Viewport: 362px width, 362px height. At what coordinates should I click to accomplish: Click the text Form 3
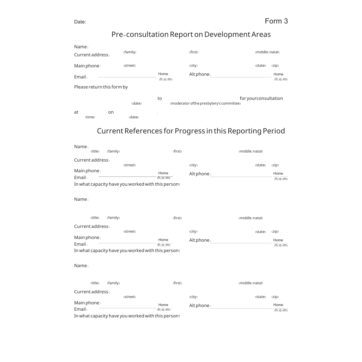pyautogui.click(x=276, y=21)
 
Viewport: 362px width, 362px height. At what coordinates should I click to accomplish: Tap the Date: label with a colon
pyautogui.click(x=80, y=22)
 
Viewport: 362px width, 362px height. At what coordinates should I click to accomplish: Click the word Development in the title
pyautogui.click(x=227, y=35)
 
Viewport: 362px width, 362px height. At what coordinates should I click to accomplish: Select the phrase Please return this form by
pyautogui.click(x=101, y=87)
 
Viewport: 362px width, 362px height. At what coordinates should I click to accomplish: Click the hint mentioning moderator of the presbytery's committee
pyautogui.click(x=205, y=104)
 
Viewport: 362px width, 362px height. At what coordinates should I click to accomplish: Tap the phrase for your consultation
pyautogui.click(x=261, y=99)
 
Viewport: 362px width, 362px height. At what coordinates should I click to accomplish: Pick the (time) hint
pyautogui.click(x=90, y=117)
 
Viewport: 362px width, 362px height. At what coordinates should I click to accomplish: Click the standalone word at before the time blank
pyautogui.click(x=76, y=112)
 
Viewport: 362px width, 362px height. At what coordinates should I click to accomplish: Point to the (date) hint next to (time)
pyautogui.click(x=134, y=117)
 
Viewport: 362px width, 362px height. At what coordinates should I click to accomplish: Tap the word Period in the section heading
pyautogui.click(x=274, y=131)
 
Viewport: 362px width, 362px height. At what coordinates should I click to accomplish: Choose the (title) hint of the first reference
pyautogui.click(x=95, y=152)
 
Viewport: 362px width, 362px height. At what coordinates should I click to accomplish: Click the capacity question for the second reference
pyautogui.click(x=127, y=251)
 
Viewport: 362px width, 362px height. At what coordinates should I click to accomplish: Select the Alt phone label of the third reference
pyautogui.click(x=199, y=306)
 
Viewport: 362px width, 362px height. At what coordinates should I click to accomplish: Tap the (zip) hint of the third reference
pyautogui.click(x=275, y=297)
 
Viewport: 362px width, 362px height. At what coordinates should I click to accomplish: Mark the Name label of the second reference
pyautogui.click(x=81, y=199)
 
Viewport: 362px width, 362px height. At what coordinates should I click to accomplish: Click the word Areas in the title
pyautogui.click(x=261, y=35)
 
